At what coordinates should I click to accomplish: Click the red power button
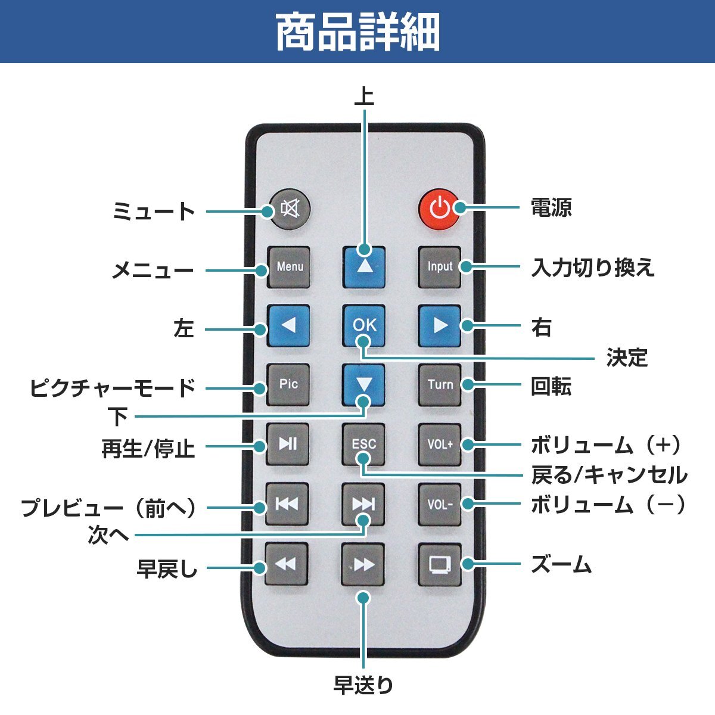439,209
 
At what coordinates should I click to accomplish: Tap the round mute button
290,209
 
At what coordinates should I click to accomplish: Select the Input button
440,267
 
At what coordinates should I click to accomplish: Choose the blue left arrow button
288,326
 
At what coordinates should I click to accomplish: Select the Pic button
288,384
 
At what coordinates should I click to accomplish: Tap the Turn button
440,384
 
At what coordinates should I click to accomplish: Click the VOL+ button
440,444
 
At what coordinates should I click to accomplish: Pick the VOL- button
440,504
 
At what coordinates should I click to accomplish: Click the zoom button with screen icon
440,564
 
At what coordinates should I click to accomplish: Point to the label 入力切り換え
593,268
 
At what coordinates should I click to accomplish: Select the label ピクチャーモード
113,388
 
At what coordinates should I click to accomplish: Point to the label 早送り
363,685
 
